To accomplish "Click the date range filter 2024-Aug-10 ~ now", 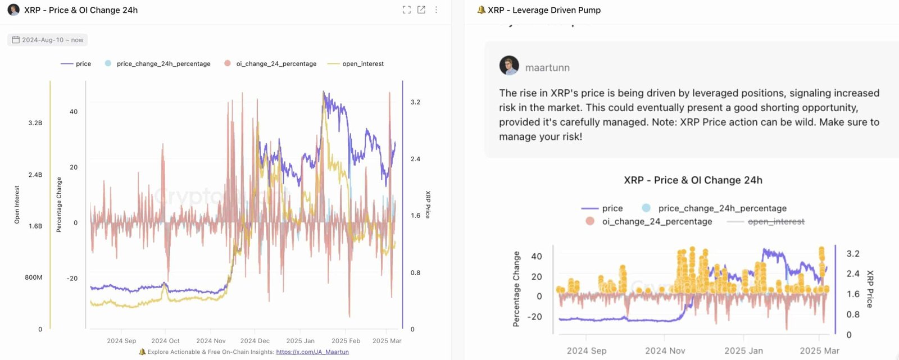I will tap(48, 40).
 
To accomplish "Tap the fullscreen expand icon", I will tap(407, 10).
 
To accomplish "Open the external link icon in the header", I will tap(421, 10).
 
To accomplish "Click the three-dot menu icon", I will tap(436, 10).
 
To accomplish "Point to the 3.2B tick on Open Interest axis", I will tap(35, 123).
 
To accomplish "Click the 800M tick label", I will tap(33, 277).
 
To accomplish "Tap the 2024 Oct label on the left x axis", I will tap(165, 341).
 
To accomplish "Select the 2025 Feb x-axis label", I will tap(346, 341).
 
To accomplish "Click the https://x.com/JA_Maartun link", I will tap(312, 352).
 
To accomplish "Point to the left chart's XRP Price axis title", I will tap(428, 204).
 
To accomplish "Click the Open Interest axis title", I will tap(17, 205).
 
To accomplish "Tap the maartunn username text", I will tap(547, 68).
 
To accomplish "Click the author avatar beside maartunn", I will tap(509, 66).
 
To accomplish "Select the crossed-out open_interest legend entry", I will tap(775, 222).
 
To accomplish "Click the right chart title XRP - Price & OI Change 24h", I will tap(693, 180).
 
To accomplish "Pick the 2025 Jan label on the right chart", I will tap(743, 350).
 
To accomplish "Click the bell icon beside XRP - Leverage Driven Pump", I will tap(481, 10).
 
